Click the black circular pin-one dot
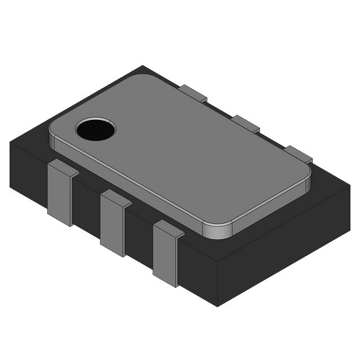tap(96, 129)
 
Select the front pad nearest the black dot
tap(60, 194)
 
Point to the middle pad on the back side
tap(245, 123)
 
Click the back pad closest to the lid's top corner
tap(193, 93)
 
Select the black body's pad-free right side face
tap(284, 247)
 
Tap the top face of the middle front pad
tap(115, 198)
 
